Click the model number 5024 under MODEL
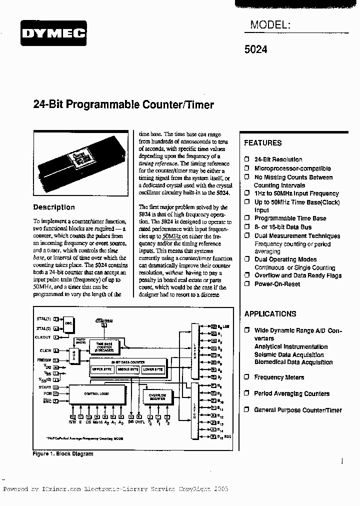point(256,49)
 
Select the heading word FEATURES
point(262,143)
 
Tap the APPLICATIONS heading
point(270,314)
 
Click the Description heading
point(54,207)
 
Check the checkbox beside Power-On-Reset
point(246,283)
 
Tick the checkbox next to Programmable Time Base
point(246,218)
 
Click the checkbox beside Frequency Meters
point(246,377)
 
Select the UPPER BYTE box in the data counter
point(101,369)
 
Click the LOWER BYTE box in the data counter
point(152,369)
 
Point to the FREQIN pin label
point(44,360)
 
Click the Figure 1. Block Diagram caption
point(63,454)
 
